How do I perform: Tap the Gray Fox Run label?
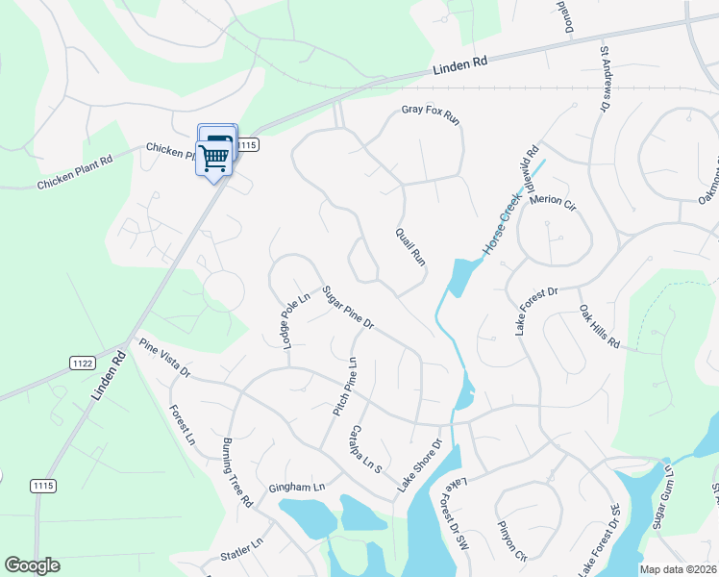432,116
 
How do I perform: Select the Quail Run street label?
410,246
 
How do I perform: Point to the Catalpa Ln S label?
366,449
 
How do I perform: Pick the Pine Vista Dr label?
164,357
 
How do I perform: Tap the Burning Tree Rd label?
236,472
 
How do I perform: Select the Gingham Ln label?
297,488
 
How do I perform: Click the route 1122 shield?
82,362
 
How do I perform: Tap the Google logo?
32,565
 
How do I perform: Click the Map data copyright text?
677,569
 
